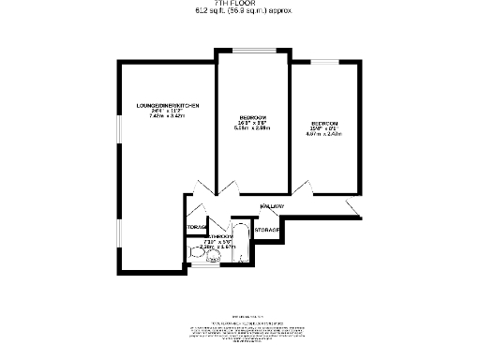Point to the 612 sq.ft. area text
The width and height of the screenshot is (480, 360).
pos(244,11)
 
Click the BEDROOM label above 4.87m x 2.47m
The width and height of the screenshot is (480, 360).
pos(325,124)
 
